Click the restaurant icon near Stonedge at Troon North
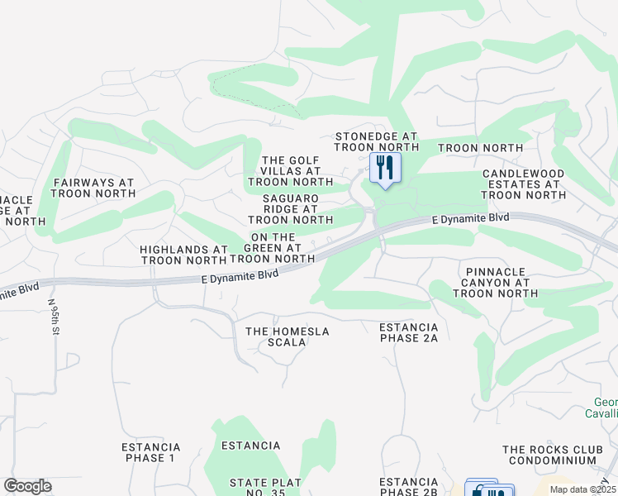tap(384, 168)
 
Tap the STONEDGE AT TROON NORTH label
tap(376, 141)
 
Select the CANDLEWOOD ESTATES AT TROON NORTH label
tap(524, 184)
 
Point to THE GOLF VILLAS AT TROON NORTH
tap(289, 171)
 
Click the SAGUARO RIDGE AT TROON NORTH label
tap(290, 210)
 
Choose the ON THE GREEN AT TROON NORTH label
tap(272, 247)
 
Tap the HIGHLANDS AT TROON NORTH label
tap(183, 255)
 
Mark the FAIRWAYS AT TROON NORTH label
tap(93, 188)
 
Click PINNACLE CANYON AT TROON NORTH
tap(496, 282)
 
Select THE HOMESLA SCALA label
tap(288, 337)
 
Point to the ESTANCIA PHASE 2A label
tap(408, 332)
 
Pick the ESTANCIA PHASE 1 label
tap(150, 452)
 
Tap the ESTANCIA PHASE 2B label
tap(408, 487)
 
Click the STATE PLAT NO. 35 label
tap(265, 488)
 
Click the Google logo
tap(27, 486)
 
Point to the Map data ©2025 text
tap(583, 489)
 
